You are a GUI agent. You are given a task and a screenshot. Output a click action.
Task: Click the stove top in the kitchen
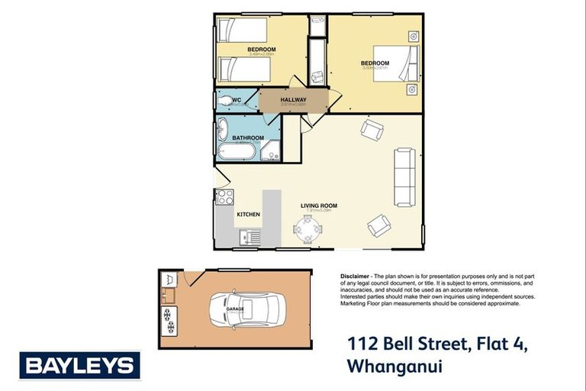(x=224, y=197)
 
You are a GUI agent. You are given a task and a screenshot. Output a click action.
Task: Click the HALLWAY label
(x=294, y=100)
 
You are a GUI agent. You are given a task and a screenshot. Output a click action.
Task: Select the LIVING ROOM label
(x=319, y=205)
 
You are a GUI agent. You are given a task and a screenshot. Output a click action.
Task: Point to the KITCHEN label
(x=249, y=215)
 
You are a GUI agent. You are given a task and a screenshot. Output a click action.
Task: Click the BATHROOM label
(x=248, y=138)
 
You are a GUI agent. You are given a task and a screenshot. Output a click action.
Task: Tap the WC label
(x=237, y=100)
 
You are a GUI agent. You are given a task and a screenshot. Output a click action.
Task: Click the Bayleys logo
(x=80, y=365)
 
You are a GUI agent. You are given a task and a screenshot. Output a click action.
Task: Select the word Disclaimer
(x=354, y=275)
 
